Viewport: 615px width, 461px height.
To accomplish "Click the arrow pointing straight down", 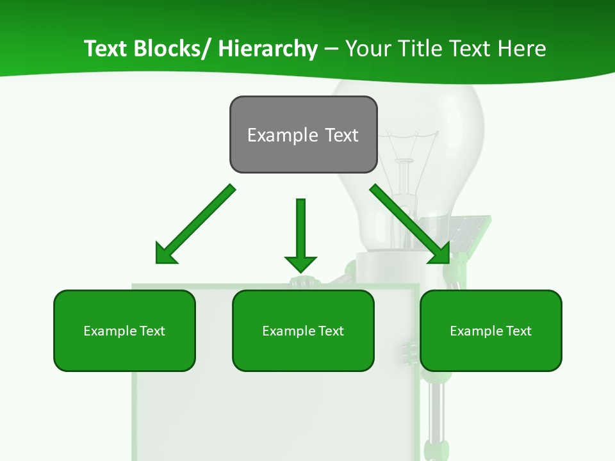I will (x=300, y=230).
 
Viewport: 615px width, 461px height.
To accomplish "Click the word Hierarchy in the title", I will (x=268, y=49).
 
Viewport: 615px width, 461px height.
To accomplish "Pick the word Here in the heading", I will (x=521, y=49).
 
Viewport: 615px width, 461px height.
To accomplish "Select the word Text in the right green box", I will (x=520, y=331).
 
